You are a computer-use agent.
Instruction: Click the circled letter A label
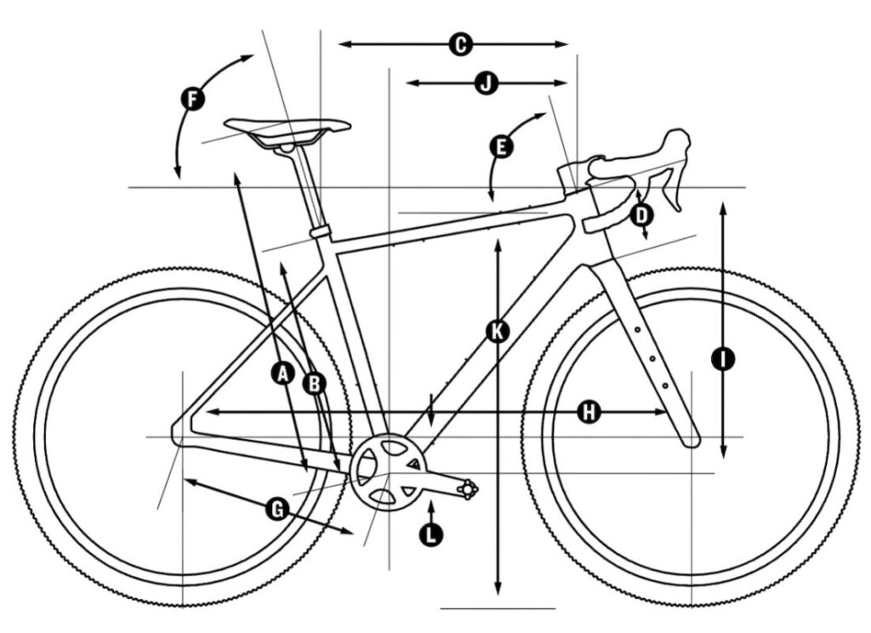coord(283,374)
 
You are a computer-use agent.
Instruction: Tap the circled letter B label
coord(315,384)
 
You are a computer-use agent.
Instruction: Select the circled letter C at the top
coord(460,44)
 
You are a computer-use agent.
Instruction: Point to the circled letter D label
coord(642,214)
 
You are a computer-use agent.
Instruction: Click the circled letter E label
coord(501,146)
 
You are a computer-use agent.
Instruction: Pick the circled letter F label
coord(192,100)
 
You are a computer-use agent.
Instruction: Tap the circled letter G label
coord(277,509)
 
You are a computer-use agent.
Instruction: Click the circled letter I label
coord(723,359)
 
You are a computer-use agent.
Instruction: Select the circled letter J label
coord(487,83)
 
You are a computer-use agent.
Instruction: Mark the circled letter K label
coord(497,332)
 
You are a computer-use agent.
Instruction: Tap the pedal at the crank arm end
coord(467,489)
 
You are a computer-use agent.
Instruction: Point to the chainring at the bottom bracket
coord(387,470)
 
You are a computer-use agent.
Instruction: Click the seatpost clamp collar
coord(320,231)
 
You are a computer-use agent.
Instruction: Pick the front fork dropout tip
coord(691,440)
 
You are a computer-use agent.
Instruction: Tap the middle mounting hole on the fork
coord(652,357)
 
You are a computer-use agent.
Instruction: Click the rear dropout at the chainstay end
coord(178,433)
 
